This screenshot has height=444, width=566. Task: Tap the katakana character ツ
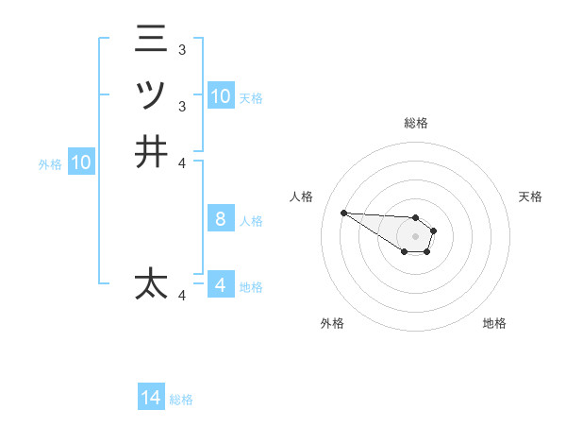(x=151, y=95)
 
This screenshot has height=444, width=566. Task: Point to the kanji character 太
(x=151, y=283)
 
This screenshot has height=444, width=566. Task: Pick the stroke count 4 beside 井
(x=182, y=162)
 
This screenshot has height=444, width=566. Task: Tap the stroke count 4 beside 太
(x=182, y=296)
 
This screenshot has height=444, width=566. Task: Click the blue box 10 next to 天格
(x=220, y=96)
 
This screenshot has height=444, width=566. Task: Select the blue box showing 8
(x=220, y=219)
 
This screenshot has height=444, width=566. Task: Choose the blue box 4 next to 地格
(x=220, y=284)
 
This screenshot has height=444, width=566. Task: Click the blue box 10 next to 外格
(x=81, y=162)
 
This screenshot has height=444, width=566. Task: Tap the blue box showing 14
(x=151, y=398)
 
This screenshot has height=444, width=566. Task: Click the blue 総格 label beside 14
(x=181, y=400)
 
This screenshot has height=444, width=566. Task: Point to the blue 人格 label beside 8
(x=251, y=221)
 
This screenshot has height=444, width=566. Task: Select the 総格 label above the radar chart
(x=415, y=123)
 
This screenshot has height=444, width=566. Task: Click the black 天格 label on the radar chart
(x=530, y=196)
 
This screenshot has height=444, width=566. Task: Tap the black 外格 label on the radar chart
(x=332, y=323)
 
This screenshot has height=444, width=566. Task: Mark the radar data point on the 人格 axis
(x=343, y=213)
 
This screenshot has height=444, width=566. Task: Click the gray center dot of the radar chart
(x=415, y=235)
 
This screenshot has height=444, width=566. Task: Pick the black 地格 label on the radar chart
(x=494, y=323)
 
